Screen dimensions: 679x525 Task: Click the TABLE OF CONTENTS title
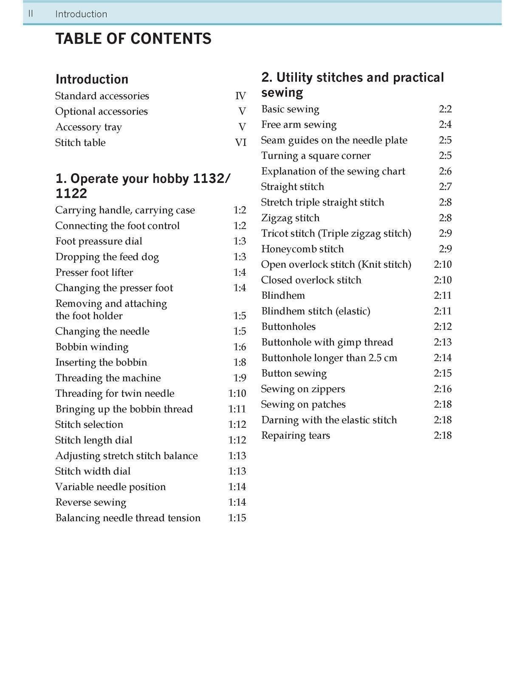coord(133,39)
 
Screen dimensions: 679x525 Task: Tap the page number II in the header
coord(31,14)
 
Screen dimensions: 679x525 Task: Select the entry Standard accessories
coord(102,96)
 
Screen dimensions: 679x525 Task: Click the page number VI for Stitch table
coord(240,143)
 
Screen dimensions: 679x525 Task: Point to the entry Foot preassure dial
coord(99,241)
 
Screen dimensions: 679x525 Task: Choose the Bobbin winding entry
coord(92,347)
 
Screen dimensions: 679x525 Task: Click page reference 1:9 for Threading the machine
coord(240,378)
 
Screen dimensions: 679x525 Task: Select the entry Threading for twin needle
coord(115,394)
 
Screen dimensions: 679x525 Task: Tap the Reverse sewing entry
coord(90,502)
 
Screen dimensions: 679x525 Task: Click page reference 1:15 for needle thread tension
coord(237,518)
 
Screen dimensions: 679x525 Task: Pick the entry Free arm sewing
coord(299,125)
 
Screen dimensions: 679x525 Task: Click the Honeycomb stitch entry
coord(302,249)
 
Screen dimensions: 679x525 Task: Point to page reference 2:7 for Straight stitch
coord(445,187)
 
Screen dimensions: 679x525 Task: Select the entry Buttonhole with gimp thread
coord(327,342)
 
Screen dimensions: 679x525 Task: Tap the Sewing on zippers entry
coord(303,389)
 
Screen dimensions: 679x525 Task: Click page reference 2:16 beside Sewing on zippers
coord(443,389)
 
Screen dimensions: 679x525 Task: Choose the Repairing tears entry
coord(296,436)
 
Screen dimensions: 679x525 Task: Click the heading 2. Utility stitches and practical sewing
coord(353,84)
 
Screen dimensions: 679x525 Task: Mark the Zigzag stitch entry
coord(290,218)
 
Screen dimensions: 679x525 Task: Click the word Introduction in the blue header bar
coord(81,14)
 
